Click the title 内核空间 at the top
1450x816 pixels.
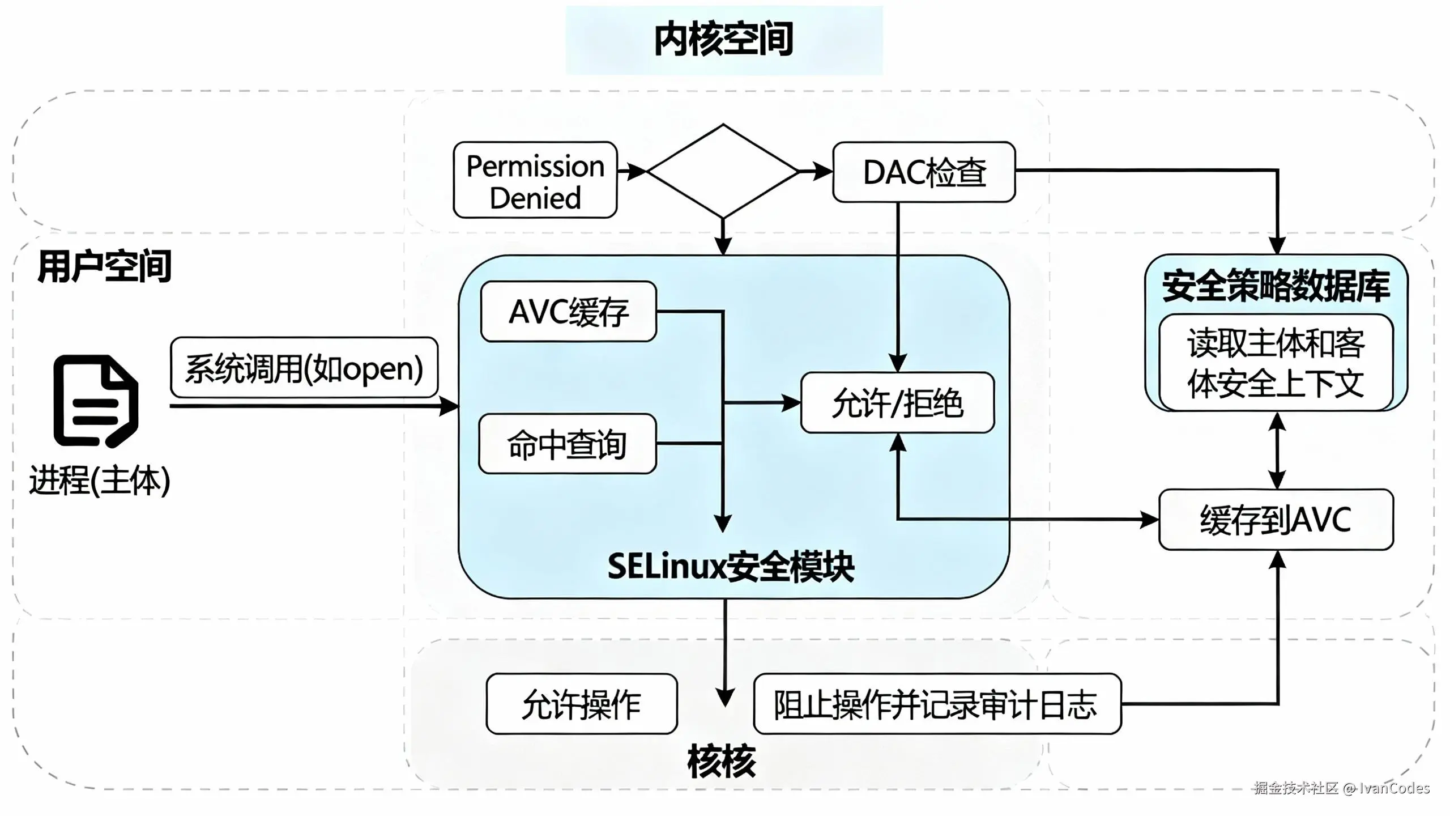click(723, 40)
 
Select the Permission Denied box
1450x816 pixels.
click(535, 180)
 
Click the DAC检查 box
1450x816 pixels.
click(924, 172)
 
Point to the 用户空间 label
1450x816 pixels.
click(104, 266)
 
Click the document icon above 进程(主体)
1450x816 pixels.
click(96, 401)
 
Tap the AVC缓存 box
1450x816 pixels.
click(568, 312)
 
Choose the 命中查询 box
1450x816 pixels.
click(567, 444)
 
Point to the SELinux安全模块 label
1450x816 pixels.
click(731, 566)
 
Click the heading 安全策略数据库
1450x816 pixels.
click(1276, 286)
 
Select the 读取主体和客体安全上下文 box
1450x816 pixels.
click(1276, 363)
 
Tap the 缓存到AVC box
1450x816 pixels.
click(1276, 520)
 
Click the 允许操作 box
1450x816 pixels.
click(581, 704)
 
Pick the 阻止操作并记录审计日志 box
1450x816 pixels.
click(936, 704)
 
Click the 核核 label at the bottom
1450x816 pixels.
click(721, 761)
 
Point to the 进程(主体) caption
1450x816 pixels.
click(100, 481)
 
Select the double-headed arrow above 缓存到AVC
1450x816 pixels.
click(1277, 450)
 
